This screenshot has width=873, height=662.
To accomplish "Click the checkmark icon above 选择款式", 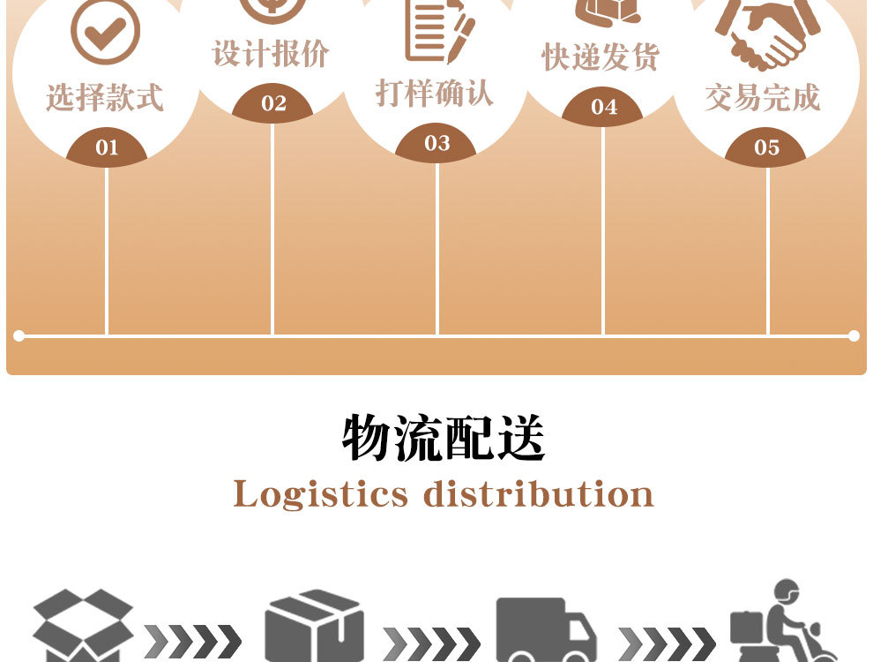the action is (105, 32).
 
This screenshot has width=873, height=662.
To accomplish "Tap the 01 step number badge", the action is (107, 147).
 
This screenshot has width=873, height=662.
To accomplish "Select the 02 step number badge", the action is (273, 103).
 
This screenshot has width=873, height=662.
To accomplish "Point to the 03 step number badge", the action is (436, 143).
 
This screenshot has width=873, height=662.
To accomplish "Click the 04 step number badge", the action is (603, 107).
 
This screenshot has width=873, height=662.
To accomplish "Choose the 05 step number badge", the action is (766, 147).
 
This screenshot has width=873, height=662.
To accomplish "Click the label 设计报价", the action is (271, 54).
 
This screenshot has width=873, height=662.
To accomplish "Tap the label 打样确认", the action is (435, 93).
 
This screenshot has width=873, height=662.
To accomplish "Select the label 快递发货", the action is (601, 57).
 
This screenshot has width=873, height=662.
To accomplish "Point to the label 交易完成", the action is (763, 97).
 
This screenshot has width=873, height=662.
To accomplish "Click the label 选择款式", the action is (105, 97).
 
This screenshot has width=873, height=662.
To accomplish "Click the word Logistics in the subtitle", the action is (321, 494).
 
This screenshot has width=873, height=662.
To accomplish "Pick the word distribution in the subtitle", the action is (539, 494).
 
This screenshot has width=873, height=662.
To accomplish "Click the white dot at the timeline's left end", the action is (19, 335).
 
